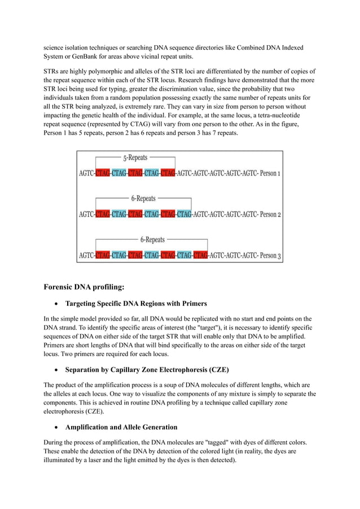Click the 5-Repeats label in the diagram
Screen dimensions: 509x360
(x=135, y=158)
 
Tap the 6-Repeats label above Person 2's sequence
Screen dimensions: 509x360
(x=143, y=199)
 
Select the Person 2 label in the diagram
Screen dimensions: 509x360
(x=267, y=214)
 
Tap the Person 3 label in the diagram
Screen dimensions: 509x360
(x=268, y=256)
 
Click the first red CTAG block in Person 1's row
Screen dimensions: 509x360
(x=102, y=173)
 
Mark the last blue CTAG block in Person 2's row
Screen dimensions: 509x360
(x=184, y=214)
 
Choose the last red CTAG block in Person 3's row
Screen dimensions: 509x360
(x=200, y=256)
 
